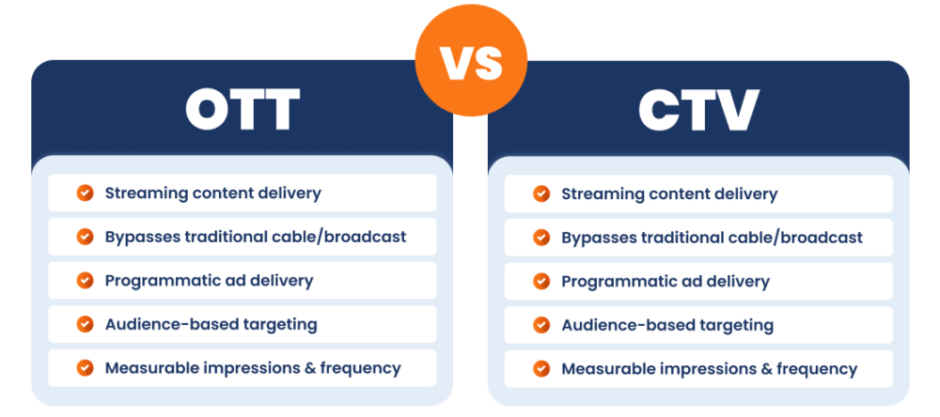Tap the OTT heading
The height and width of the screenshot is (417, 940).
point(243,110)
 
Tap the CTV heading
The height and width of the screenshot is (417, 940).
point(697,111)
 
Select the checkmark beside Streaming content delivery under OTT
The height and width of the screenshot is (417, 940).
point(85,193)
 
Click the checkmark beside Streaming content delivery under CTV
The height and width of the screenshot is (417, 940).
point(541,194)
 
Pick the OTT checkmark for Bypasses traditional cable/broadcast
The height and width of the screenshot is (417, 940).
point(85,237)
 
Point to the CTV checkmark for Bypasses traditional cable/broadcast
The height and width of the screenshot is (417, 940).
point(541,238)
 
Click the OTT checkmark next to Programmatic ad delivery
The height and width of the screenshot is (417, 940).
point(85,280)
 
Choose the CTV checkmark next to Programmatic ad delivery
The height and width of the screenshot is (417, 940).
point(541,282)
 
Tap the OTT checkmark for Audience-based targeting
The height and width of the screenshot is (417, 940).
point(85,324)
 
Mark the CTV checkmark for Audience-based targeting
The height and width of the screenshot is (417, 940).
point(541,325)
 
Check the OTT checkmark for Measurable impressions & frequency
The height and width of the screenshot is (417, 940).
point(85,368)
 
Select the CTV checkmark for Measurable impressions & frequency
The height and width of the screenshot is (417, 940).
point(541,369)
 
